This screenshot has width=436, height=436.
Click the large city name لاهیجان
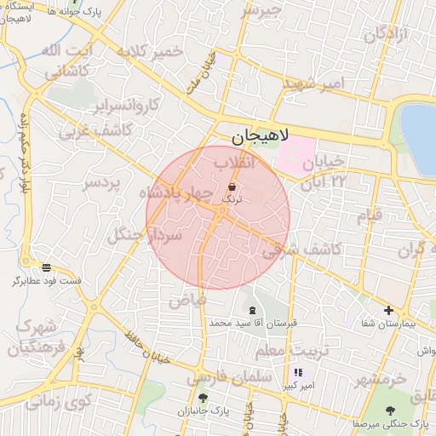pyautogui.click(x=261, y=135)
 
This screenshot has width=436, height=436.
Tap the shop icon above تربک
pyautogui.click(x=232, y=186)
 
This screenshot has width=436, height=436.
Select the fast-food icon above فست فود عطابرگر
pyautogui.click(x=46, y=267)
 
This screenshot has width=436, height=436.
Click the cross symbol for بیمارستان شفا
pyautogui.click(x=389, y=311)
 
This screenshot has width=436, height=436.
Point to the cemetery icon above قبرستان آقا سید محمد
pyautogui.click(x=252, y=310)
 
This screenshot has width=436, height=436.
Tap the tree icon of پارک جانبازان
pyautogui.click(x=202, y=398)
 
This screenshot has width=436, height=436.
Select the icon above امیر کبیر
pyautogui.click(x=299, y=373)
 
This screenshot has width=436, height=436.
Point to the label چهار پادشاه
pyautogui.click(x=171, y=194)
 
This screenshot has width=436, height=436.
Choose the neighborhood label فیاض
pyautogui.click(x=187, y=299)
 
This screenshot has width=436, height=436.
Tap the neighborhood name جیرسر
pyautogui.click(x=260, y=10)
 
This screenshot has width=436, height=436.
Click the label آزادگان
pyautogui.click(x=387, y=35)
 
